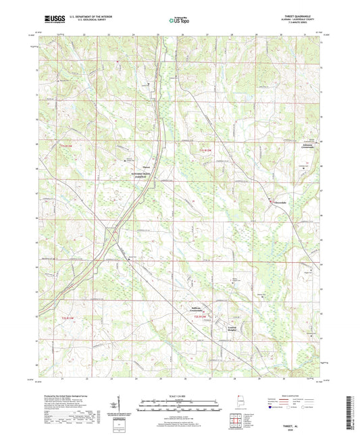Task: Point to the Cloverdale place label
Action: [282, 203]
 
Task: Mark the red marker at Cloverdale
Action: [272, 201]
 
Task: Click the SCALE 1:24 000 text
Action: [180, 395]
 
